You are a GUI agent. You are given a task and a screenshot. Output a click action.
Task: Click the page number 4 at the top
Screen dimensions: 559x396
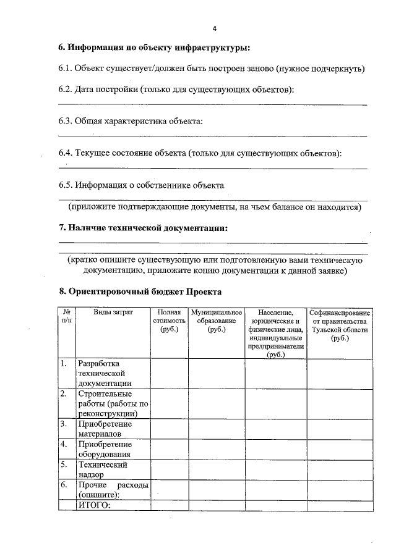tap(214, 28)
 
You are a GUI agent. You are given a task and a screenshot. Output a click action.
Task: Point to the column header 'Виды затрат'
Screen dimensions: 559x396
tap(113, 313)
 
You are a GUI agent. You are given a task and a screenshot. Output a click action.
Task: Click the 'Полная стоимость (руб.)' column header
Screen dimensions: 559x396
tap(169, 321)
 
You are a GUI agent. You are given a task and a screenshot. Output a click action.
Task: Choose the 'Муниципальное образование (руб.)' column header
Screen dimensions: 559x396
tap(217, 321)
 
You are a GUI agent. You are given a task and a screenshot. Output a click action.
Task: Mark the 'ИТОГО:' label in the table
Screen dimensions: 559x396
tap(93, 506)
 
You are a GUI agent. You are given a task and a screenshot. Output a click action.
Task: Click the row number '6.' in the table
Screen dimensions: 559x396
tap(64, 485)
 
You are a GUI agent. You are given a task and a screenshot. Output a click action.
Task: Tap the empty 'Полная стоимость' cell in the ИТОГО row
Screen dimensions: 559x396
tap(170, 506)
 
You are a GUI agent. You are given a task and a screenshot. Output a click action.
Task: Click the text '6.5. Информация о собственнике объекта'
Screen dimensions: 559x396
tap(141, 185)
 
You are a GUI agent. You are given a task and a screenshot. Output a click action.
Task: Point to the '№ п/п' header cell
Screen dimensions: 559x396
tap(66, 317)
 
